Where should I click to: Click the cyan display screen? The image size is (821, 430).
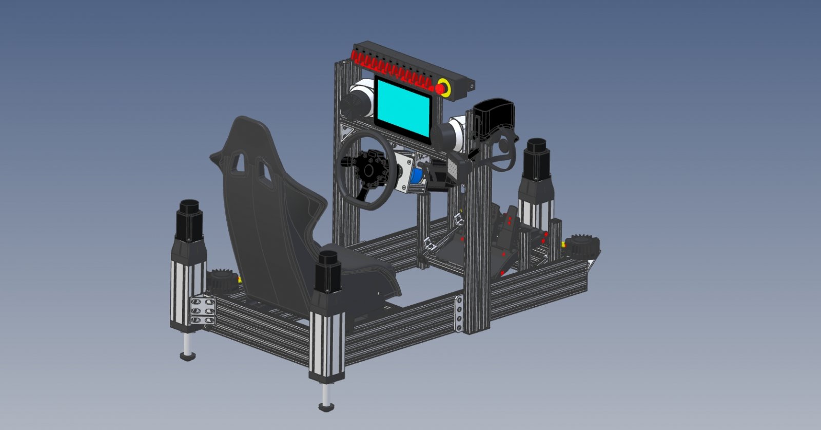[403, 107]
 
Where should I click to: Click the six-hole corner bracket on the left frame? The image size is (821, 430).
[202, 311]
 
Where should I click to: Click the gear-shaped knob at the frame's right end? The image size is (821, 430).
[581, 247]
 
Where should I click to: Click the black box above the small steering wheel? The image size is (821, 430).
[494, 118]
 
